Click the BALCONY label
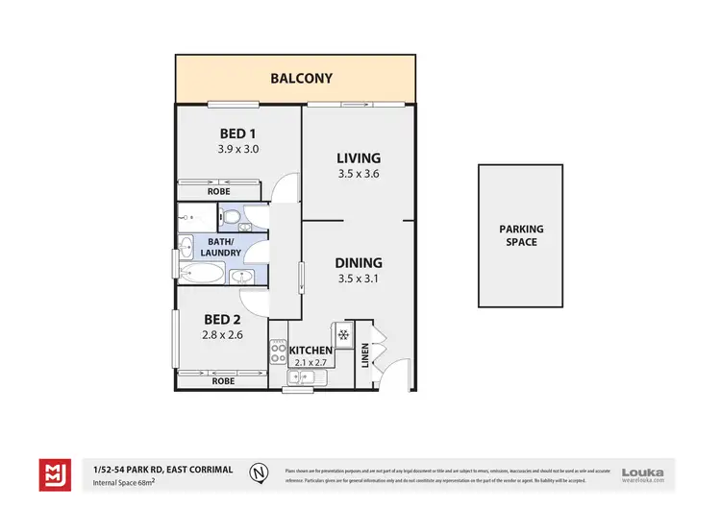point(297,78)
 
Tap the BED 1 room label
point(238,133)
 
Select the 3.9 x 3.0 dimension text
point(238,149)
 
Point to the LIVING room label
point(359,158)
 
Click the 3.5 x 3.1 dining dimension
point(359,279)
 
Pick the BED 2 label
point(221,319)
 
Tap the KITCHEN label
point(311,351)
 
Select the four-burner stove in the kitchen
point(279,352)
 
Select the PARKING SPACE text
point(520,235)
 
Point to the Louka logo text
point(642,471)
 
